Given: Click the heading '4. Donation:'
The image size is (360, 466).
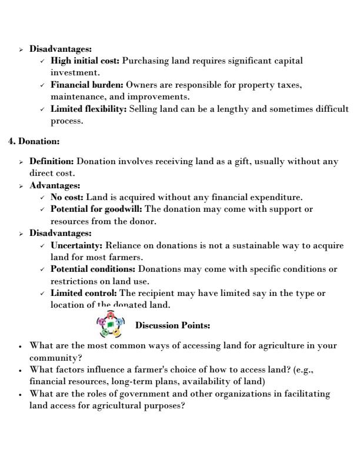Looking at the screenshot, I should coord(34,141).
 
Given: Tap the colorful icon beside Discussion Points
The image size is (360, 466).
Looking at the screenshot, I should coord(110,324).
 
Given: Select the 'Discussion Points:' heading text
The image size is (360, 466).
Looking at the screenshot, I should coord(172,325).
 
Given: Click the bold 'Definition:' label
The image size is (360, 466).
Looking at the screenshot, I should coord(52,161).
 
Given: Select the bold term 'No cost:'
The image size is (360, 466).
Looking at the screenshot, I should coord(67,197).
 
